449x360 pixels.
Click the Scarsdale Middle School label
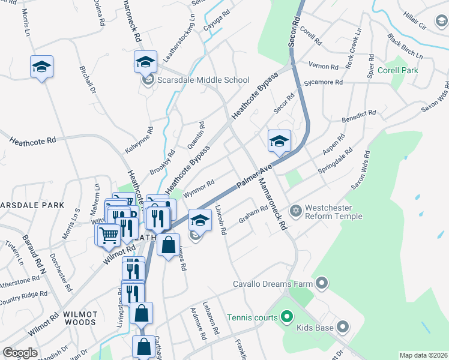[x=203, y=80]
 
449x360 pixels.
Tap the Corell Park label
[x=398, y=70]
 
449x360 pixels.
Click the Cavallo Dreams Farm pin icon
[x=322, y=282]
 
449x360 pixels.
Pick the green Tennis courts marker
[x=286, y=317]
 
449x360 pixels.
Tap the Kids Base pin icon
[x=342, y=327]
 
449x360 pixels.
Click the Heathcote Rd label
[x=32, y=140]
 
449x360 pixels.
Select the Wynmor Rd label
[x=199, y=188]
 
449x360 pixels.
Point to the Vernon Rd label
[x=324, y=65]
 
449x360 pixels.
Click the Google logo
[x=20, y=353]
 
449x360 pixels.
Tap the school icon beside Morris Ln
[x=41, y=66]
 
